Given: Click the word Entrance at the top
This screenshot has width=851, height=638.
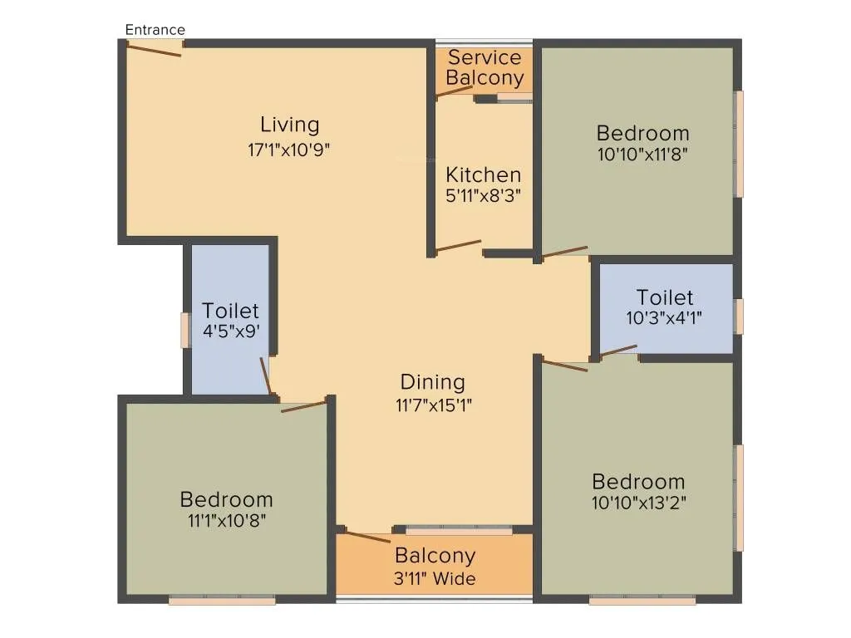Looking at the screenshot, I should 155,30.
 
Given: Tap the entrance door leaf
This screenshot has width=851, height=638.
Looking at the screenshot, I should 154,50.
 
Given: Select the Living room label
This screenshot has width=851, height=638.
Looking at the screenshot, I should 289,125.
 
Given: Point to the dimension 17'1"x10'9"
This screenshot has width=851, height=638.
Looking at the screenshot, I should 289,150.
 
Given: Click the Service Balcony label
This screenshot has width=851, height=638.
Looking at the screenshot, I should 485,68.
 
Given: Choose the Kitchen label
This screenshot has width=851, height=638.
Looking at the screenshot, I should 484,175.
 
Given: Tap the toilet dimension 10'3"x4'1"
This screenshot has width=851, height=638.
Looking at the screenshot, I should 665,317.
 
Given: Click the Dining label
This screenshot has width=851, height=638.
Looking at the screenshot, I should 432,382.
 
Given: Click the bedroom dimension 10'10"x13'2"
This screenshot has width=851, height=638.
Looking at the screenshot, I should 638,502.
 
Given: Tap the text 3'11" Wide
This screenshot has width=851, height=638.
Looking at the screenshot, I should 435,578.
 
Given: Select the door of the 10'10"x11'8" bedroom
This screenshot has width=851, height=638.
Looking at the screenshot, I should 565,252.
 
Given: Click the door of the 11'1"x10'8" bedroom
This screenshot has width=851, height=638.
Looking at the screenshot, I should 303,406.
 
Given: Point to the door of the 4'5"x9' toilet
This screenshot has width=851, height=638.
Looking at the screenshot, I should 266,375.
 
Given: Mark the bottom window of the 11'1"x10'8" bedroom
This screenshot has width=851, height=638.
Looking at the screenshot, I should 222,599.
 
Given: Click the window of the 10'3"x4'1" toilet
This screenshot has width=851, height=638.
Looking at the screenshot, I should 739,317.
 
